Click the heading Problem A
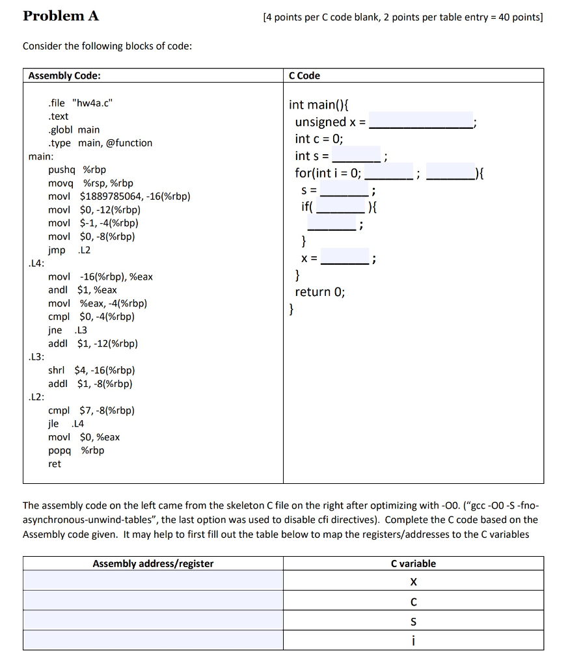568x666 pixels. [x=61, y=16]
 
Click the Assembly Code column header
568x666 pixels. [x=64, y=75]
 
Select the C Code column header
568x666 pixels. [x=304, y=75]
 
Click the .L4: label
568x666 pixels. [x=37, y=263]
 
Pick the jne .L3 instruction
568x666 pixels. [x=67, y=330]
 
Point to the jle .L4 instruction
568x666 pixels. [x=66, y=423]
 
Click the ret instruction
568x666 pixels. [x=55, y=464]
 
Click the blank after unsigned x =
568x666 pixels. [x=421, y=122]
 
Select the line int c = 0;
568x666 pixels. [x=319, y=139]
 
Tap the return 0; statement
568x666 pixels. [x=320, y=292]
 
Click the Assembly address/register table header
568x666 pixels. [x=153, y=564]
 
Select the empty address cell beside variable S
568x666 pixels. [x=153, y=622]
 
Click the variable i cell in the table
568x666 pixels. [x=413, y=641]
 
